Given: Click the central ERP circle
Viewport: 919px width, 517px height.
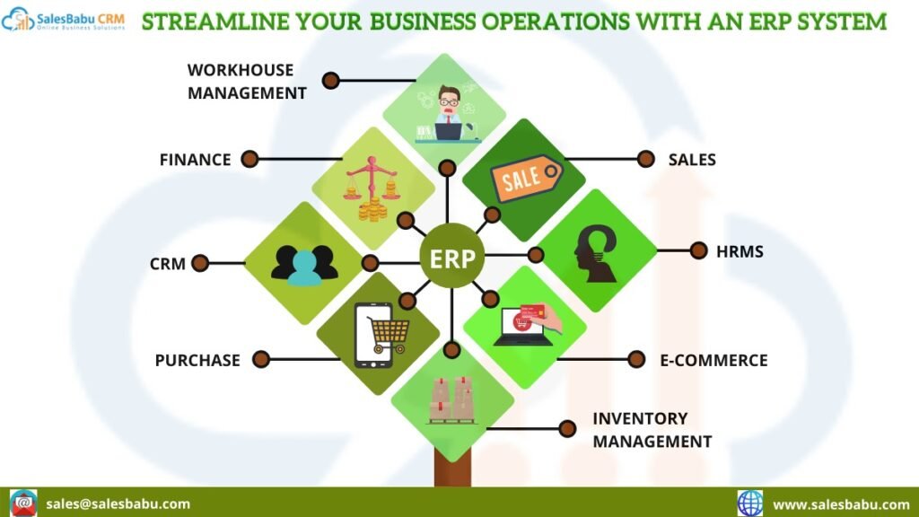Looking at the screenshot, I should click(452, 259).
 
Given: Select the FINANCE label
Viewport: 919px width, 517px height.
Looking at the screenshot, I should click(195, 160).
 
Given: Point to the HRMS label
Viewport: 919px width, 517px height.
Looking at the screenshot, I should click(740, 251).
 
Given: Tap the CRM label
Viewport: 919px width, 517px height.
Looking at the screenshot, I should click(168, 264).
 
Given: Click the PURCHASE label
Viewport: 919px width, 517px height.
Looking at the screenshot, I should click(197, 360).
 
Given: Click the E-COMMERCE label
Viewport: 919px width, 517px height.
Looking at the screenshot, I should click(713, 360).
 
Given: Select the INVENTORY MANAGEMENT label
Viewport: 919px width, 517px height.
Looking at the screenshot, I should click(652, 430).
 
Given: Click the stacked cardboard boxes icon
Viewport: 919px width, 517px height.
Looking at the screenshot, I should click(451, 399).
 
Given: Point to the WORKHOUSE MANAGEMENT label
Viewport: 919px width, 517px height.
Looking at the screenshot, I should click(247, 81).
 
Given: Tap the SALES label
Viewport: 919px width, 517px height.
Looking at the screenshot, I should click(692, 160).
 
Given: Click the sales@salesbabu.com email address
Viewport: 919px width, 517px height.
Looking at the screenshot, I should click(118, 504).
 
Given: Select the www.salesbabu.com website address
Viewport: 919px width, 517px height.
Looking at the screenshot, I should click(841, 504).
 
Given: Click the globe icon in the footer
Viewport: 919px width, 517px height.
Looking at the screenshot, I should click(750, 503).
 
